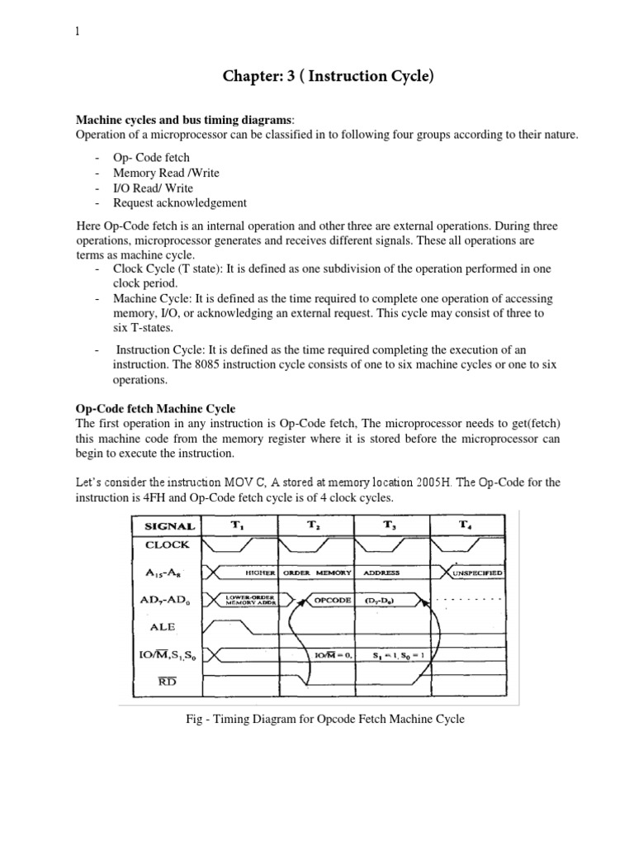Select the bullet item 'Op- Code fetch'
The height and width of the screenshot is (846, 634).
click(x=147, y=158)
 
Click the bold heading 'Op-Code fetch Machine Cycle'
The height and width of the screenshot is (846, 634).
click(x=155, y=409)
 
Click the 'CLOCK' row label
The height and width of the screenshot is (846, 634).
click(x=168, y=545)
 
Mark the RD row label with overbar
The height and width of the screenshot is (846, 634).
click(x=168, y=682)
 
